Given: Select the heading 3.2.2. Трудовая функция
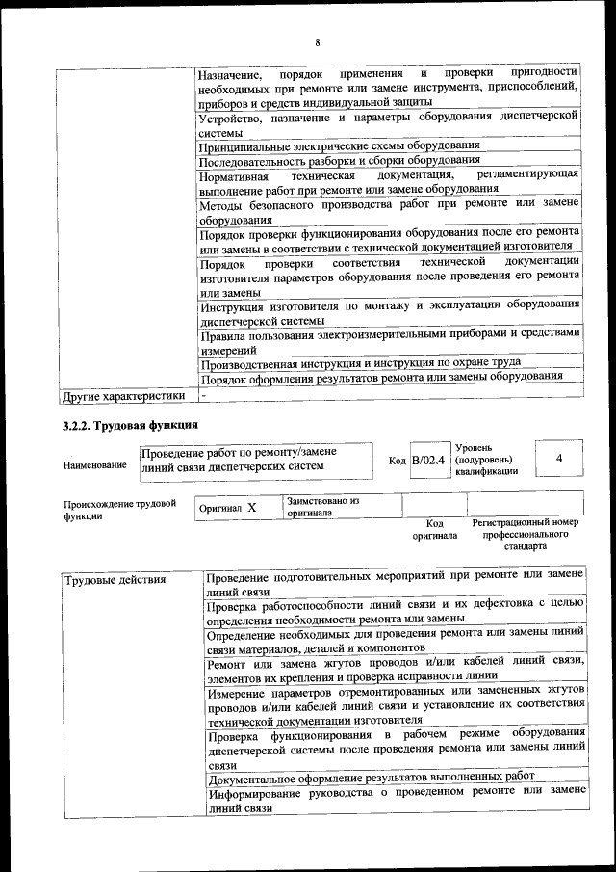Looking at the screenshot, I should [x=130, y=425].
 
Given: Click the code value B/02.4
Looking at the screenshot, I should [x=427, y=461].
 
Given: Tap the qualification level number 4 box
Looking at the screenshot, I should [x=558, y=459].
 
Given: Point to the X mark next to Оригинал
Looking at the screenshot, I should [x=251, y=507].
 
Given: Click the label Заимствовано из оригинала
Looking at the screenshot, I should [x=322, y=508].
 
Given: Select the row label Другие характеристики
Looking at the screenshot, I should [x=123, y=395].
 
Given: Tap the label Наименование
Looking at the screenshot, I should [x=94, y=466].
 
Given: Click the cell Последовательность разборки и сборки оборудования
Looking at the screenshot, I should [x=340, y=161].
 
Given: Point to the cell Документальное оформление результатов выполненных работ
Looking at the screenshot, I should [x=372, y=776].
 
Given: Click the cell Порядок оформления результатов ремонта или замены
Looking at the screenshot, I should [x=381, y=377].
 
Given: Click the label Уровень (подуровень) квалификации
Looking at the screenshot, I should [x=486, y=460].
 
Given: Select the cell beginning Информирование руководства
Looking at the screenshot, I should [x=396, y=800].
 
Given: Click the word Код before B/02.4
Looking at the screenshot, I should [x=397, y=461].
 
